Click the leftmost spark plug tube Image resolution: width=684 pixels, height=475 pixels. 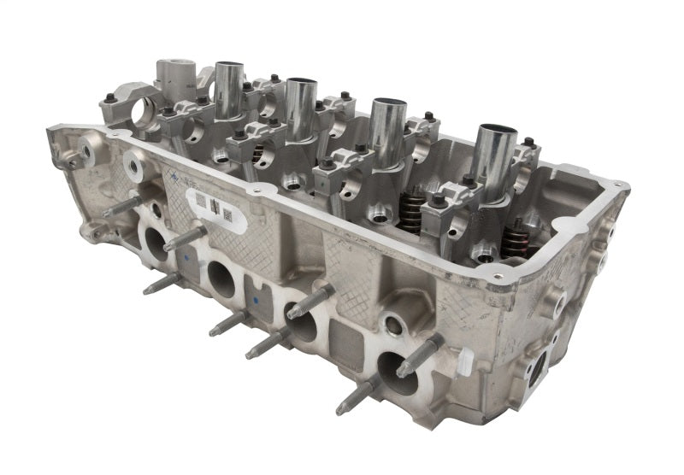point(229,89)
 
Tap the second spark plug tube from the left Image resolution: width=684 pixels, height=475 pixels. point(300,107)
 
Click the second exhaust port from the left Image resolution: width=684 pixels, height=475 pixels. point(221,279)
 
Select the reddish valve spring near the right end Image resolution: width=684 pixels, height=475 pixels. point(516,237)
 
